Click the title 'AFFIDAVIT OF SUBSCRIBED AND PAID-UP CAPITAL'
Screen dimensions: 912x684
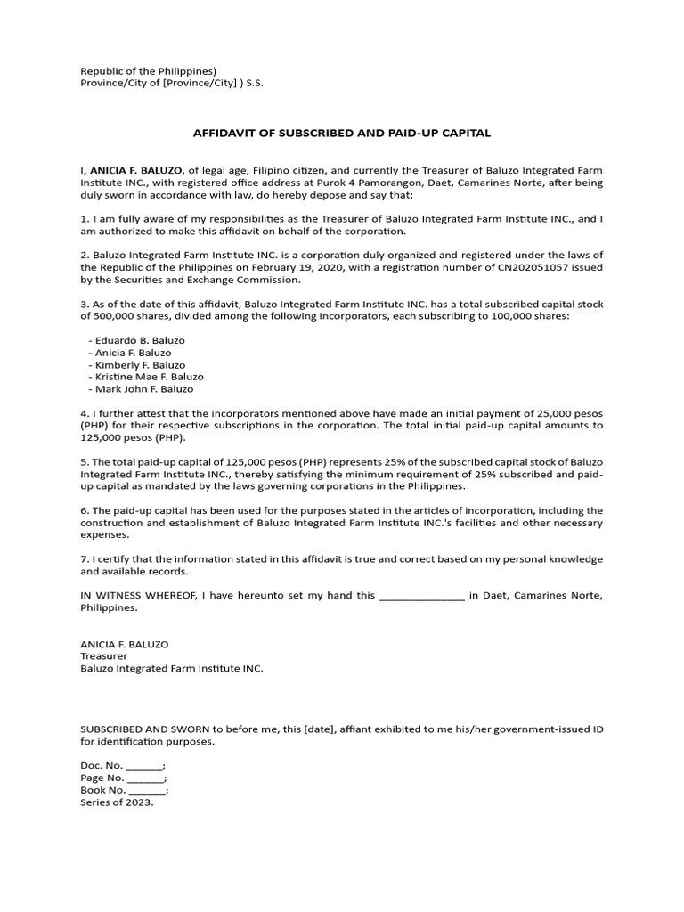pyautogui.click(x=342, y=134)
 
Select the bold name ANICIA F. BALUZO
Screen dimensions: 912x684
pyautogui.click(x=137, y=169)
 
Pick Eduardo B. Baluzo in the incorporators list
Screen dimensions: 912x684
pyautogui.click(x=139, y=340)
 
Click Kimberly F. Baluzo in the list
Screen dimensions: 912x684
pyautogui.click(x=140, y=365)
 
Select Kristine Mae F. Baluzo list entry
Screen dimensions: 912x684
pyautogui.click(x=149, y=377)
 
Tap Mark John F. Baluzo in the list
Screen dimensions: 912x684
pyautogui.click(x=143, y=389)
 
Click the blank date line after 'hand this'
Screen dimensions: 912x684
pyautogui.click(x=421, y=596)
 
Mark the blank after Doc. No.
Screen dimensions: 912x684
pyautogui.click(x=144, y=766)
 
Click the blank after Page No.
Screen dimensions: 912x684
pyautogui.click(x=146, y=778)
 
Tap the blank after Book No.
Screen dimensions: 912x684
pyautogui.click(x=147, y=790)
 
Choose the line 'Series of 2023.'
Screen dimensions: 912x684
pyautogui.click(x=117, y=802)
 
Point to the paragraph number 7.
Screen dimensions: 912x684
pyautogui.click(x=85, y=558)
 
